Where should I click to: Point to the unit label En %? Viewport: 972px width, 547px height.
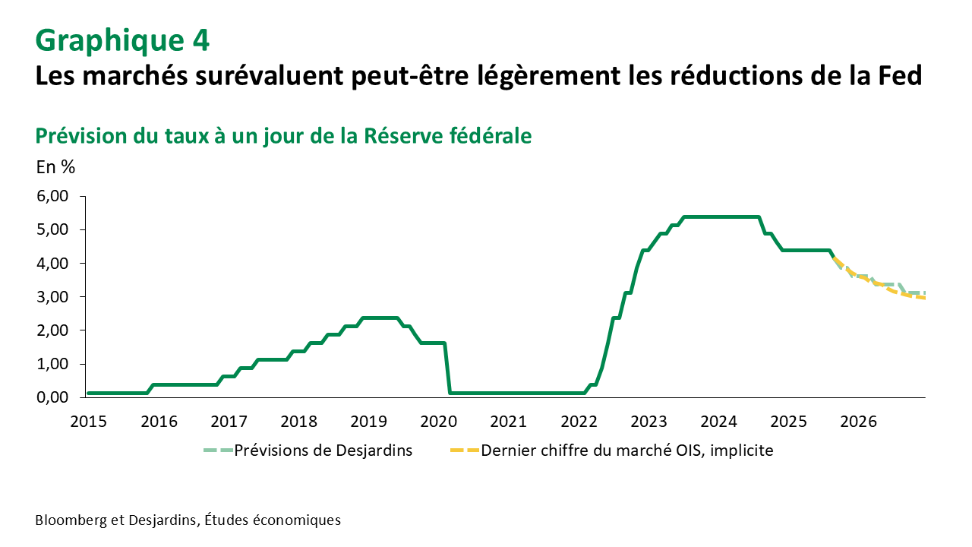(x=55, y=167)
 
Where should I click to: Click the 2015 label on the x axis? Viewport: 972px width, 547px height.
(x=88, y=421)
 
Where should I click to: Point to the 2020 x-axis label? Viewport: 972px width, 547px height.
(x=439, y=421)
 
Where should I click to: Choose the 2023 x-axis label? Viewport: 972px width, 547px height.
(x=649, y=421)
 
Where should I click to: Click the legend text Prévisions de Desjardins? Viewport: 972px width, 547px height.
(x=323, y=451)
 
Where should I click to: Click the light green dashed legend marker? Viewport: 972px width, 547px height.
(x=216, y=451)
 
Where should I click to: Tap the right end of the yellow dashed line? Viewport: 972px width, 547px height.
(x=923, y=299)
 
